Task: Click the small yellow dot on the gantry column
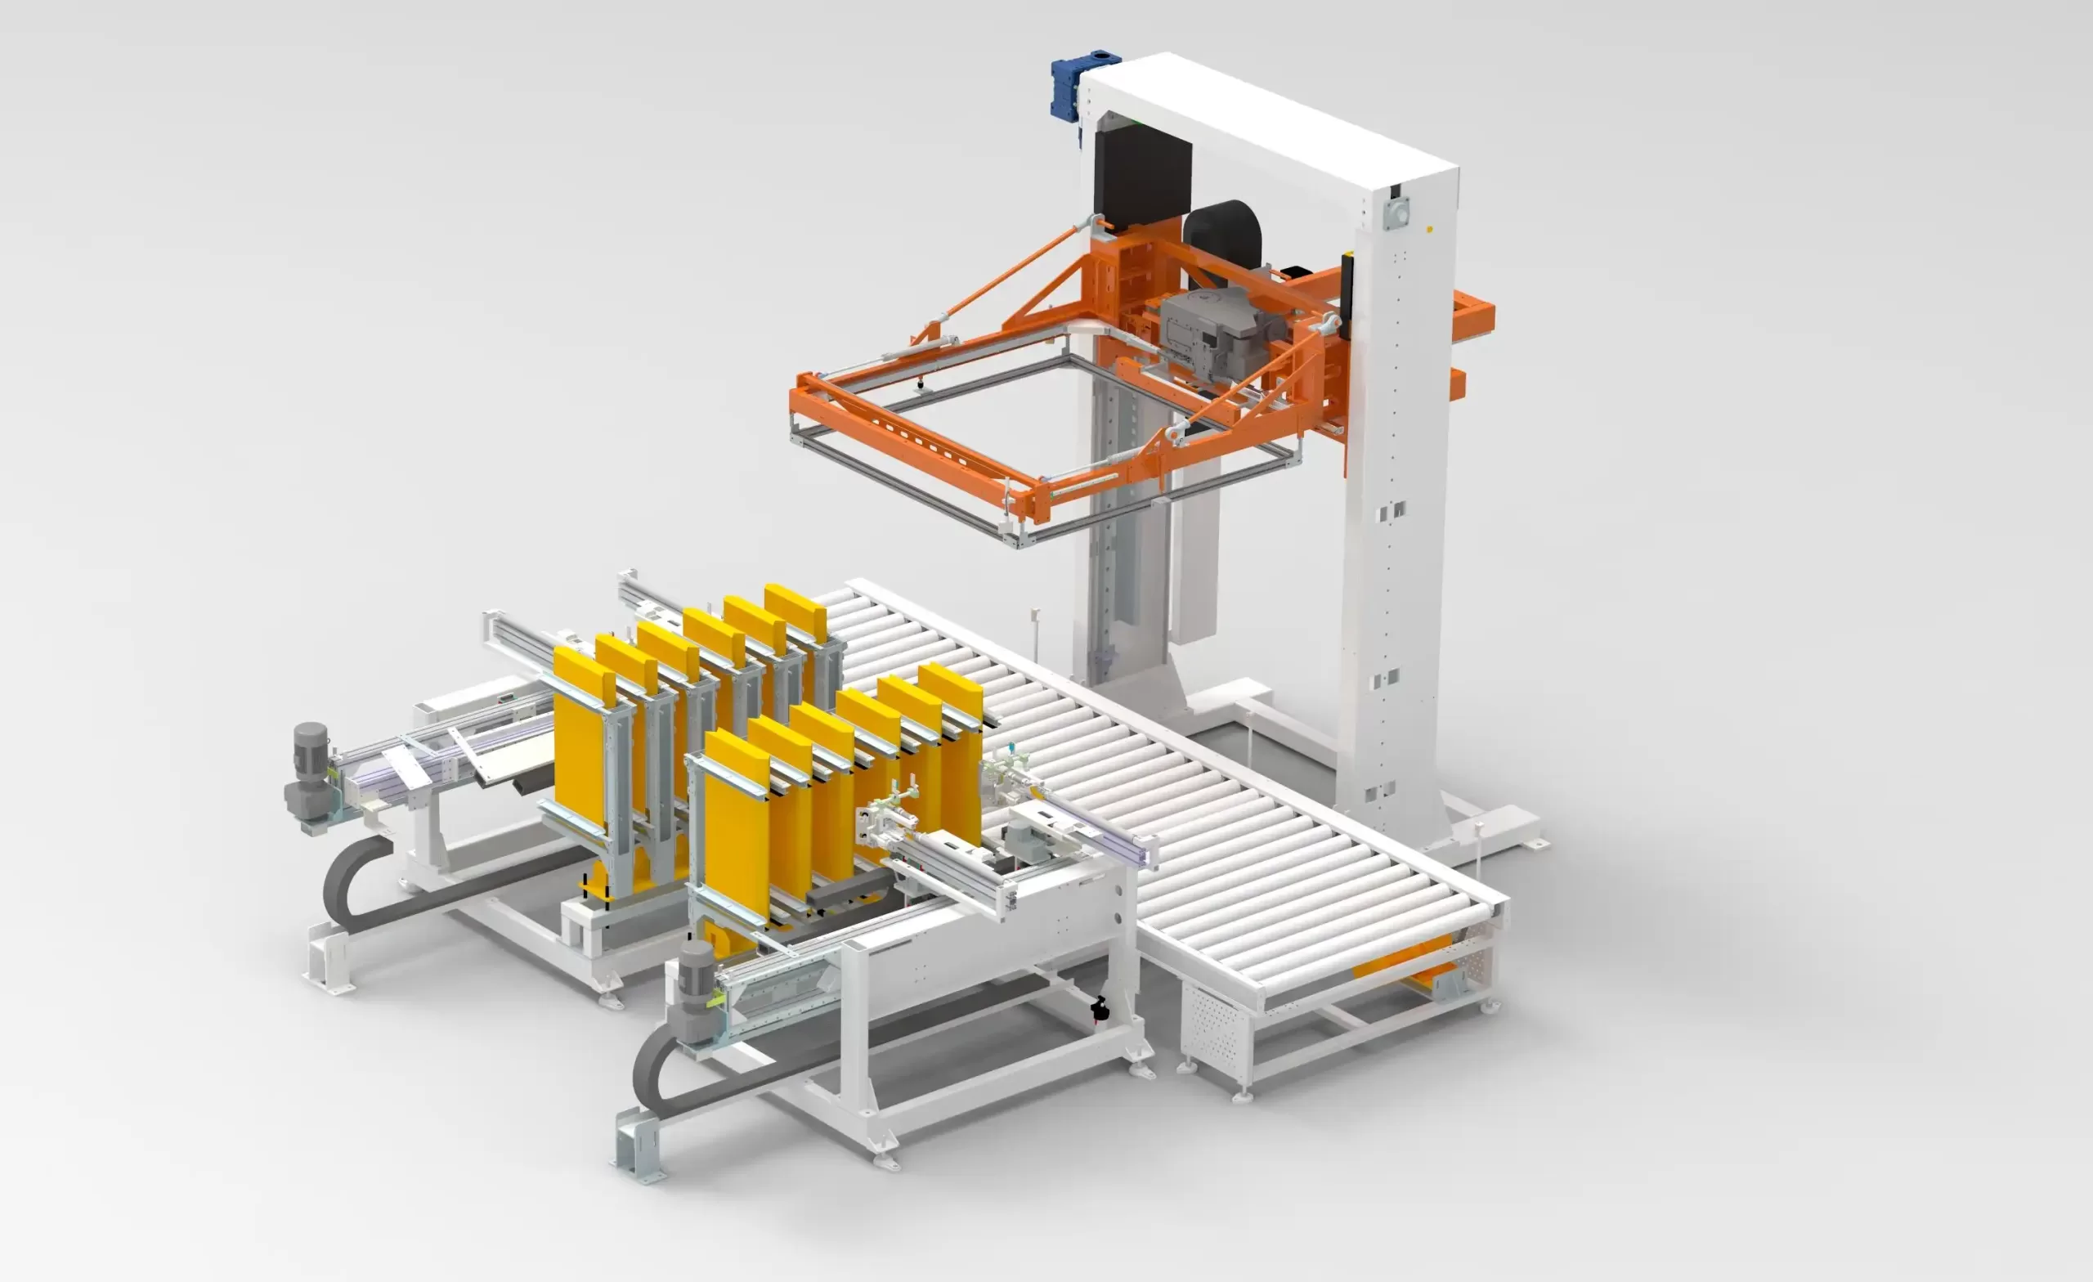1430,230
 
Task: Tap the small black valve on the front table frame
1100,1008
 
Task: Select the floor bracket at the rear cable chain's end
329,963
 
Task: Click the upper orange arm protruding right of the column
1475,314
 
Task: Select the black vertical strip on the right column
1347,280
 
